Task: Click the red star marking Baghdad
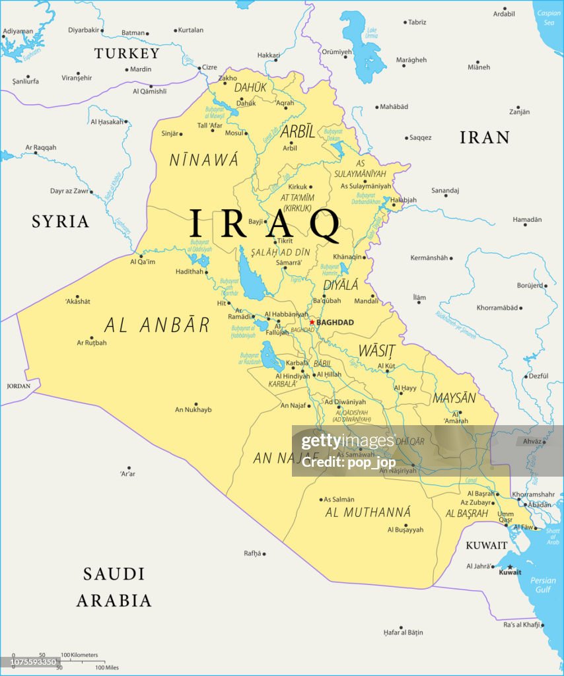(x=312, y=322)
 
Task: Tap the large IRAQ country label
(x=264, y=224)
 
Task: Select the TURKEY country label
(x=127, y=53)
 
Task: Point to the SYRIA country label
(x=60, y=221)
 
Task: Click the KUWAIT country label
(x=487, y=545)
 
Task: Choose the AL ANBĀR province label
(x=157, y=325)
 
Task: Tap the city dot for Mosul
(x=246, y=133)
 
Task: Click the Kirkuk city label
(x=298, y=187)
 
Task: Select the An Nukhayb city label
(x=193, y=410)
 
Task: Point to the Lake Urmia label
(x=372, y=32)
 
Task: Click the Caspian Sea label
(x=548, y=17)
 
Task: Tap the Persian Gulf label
(x=544, y=585)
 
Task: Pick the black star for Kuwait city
(x=510, y=566)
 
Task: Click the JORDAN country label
(x=19, y=386)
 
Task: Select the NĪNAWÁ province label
(x=203, y=160)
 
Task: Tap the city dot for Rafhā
(x=264, y=553)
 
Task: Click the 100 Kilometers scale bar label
(x=80, y=655)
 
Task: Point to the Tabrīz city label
(x=417, y=22)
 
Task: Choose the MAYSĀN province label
(x=454, y=398)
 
